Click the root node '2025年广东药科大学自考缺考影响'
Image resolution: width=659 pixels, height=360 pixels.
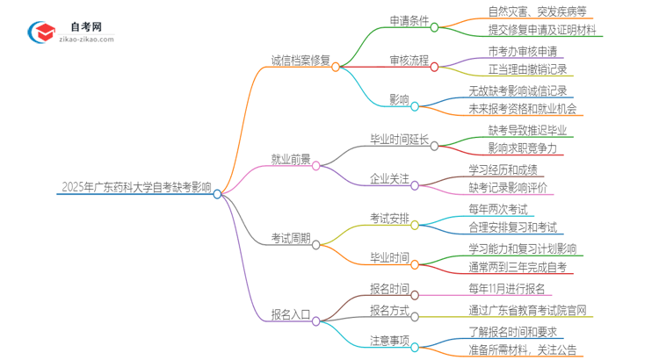point(136,186)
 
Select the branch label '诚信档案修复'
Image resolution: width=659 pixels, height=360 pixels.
point(301,61)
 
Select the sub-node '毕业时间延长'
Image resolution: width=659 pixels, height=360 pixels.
point(400,139)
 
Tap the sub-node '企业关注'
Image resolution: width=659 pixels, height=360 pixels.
point(391,178)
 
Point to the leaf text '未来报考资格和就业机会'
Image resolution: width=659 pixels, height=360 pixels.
point(523,109)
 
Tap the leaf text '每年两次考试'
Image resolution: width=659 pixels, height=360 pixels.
point(497,209)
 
